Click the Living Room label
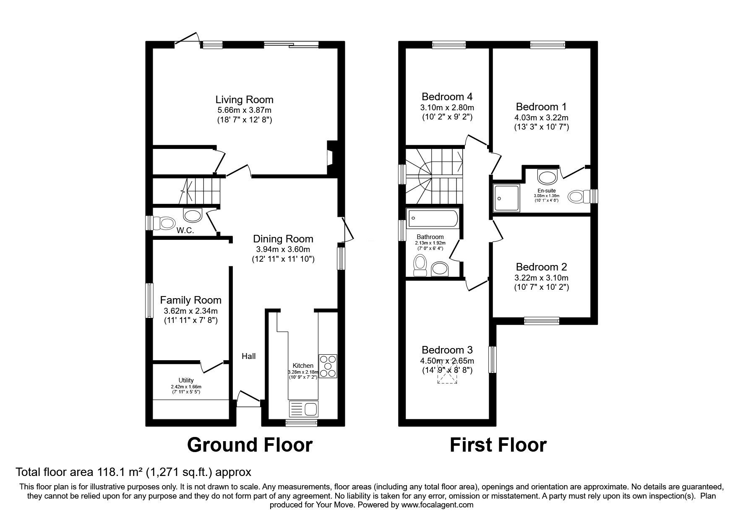(x=244, y=100)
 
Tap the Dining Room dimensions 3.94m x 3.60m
(x=283, y=250)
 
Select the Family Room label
(x=191, y=300)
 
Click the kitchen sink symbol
(x=303, y=409)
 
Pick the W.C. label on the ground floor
(x=185, y=231)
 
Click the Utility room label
(x=186, y=380)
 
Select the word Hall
(x=249, y=356)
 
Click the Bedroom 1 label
(x=541, y=107)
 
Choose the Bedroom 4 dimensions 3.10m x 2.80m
(x=447, y=108)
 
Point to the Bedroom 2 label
(x=541, y=267)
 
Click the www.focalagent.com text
(x=437, y=505)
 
